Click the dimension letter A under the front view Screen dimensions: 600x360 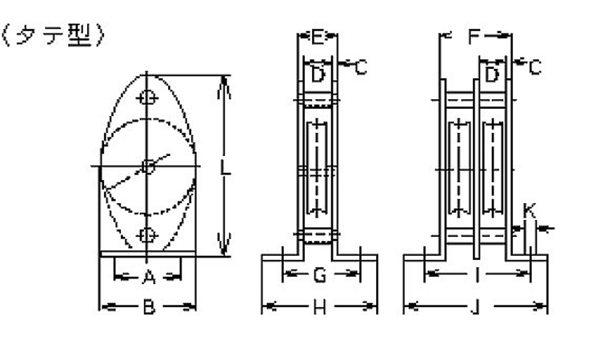pyautogui.click(x=149, y=277)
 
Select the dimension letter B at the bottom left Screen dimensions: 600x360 pyautogui.click(x=150, y=306)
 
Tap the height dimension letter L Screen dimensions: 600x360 pyautogui.click(x=226, y=167)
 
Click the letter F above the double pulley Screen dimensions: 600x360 pyautogui.click(x=474, y=36)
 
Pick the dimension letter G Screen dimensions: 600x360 pyautogui.click(x=320, y=274)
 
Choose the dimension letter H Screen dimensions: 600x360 pyautogui.click(x=320, y=306)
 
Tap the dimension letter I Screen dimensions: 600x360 pyautogui.click(x=477, y=274)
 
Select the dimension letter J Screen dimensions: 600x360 pyautogui.click(x=475, y=306)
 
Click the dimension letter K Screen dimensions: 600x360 pyautogui.click(x=530, y=210)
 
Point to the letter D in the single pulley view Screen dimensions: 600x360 pyautogui.click(x=318, y=74)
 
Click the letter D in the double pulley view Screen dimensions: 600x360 pyautogui.click(x=492, y=74)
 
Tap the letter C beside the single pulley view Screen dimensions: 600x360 pyautogui.click(x=361, y=67)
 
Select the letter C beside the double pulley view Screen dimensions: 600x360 pyautogui.click(x=535, y=67)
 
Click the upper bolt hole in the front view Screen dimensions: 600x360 pyautogui.click(x=147, y=98)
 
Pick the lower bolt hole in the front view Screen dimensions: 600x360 pyautogui.click(x=147, y=235)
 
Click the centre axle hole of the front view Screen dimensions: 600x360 pyautogui.click(x=148, y=166)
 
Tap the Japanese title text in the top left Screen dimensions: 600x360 pyautogui.click(x=54, y=35)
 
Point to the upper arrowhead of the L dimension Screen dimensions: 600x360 pyautogui.click(x=224, y=87)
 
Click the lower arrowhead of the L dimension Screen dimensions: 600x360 pyautogui.click(x=224, y=244)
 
